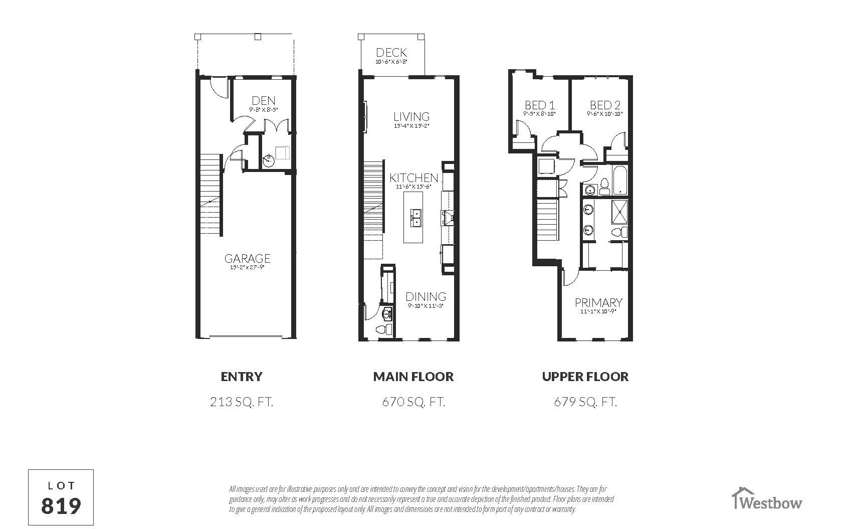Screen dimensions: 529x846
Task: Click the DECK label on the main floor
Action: pyautogui.click(x=391, y=53)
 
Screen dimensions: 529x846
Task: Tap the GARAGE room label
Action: pyautogui.click(x=247, y=259)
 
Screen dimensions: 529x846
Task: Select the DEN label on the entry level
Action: pyautogui.click(x=264, y=101)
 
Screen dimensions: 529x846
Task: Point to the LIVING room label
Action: pyautogui.click(x=411, y=117)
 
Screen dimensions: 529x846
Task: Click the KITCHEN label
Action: pyautogui.click(x=414, y=178)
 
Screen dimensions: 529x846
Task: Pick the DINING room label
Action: pyautogui.click(x=426, y=297)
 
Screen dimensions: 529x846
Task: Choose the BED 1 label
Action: pyautogui.click(x=540, y=105)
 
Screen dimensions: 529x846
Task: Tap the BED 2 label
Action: pyautogui.click(x=605, y=105)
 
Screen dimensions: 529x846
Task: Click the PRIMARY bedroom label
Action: pyautogui.click(x=598, y=303)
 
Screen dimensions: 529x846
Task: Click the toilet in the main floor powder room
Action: pyautogui.click(x=384, y=329)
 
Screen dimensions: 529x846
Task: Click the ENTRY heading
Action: pyautogui.click(x=242, y=377)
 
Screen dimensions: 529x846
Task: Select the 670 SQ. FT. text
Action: pyautogui.click(x=413, y=402)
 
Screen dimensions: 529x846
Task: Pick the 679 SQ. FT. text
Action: pyautogui.click(x=585, y=402)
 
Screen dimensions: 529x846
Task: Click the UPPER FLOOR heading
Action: pyautogui.click(x=585, y=377)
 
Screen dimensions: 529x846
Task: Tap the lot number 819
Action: pyautogui.click(x=61, y=506)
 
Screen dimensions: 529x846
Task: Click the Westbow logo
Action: pyautogui.click(x=767, y=500)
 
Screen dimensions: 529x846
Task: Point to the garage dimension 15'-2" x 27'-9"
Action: pyautogui.click(x=247, y=268)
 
